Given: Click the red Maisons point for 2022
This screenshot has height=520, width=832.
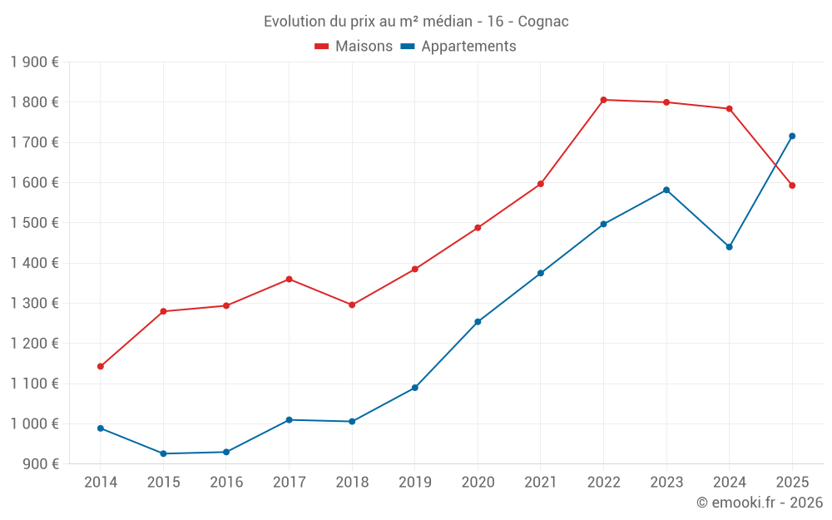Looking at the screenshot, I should coord(603,100).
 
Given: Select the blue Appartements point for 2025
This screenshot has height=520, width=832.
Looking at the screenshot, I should coord(792,136).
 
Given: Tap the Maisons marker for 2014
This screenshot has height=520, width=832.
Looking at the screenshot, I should coord(101,366).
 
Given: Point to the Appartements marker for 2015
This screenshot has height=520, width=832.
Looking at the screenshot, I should coord(163,453).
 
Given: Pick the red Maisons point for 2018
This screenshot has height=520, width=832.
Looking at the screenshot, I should coord(352,305).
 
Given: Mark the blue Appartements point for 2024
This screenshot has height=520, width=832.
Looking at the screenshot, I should coord(730,246).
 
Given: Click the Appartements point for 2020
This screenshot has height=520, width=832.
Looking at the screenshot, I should coord(478,322).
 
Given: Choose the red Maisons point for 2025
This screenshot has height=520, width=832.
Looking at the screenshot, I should coord(792,186).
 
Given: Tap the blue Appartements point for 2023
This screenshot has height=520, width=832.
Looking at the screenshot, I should coord(666,190).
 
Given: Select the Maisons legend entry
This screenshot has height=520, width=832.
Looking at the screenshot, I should coord(354,47).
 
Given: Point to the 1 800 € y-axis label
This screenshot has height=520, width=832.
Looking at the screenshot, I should coord(34,102).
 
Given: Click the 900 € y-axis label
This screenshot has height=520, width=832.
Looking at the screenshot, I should coord(39,464).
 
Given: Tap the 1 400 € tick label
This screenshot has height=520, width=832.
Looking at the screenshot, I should coord(34,263).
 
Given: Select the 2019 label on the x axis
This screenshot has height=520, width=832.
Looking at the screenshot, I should coord(414,483).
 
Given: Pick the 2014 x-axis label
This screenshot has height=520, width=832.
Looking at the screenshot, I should coord(101,483).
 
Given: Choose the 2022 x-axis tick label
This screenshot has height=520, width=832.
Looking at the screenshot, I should coord(603,483).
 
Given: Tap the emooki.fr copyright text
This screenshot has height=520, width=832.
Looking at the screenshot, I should coord(760,503).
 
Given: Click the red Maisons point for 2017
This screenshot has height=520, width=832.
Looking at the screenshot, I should coord(289,279).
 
